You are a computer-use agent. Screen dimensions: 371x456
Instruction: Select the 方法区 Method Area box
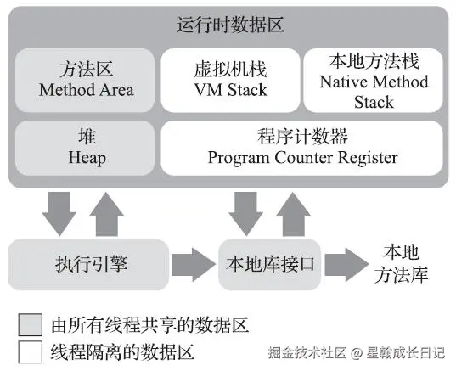84,80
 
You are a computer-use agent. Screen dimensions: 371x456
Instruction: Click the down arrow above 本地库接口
247,211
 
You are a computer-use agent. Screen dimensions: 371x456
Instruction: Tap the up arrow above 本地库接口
293,213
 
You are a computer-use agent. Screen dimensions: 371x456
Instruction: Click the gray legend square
31,325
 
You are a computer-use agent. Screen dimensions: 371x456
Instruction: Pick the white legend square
31,351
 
